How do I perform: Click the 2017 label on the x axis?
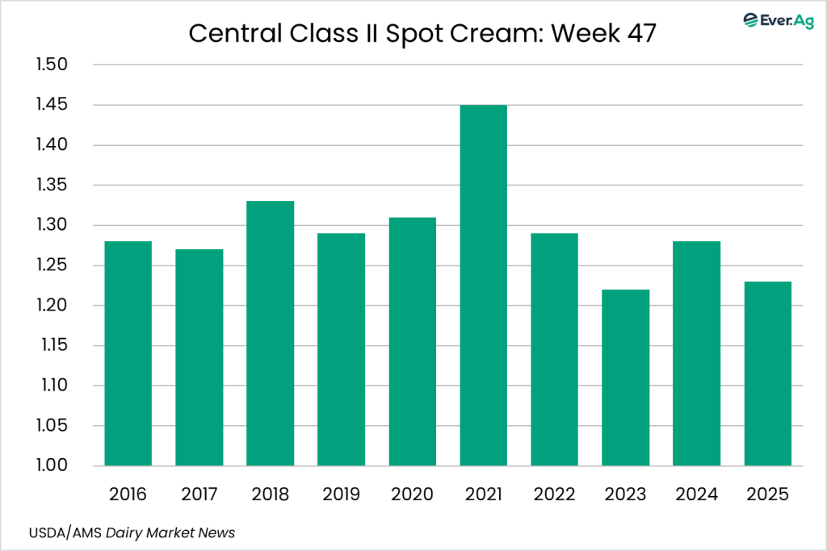pyautogui.click(x=199, y=494)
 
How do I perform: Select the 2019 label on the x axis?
pyautogui.click(x=341, y=494)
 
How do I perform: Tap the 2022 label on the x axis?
pyautogui.click(x=554, y=494)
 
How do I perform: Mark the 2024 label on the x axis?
pyautogui.click(x=696, y=494)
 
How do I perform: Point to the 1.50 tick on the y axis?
pyautogui.click(x=54, y=65)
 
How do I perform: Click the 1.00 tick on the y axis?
pyautogui.click(x=54, y=466)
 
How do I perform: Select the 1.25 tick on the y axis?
pyautogui.click(x=54, y=265)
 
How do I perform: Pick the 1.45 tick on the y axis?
pyautogui.click(x=54, y=105)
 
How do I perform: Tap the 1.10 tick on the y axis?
pyautogui.click(x=54, y=386)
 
